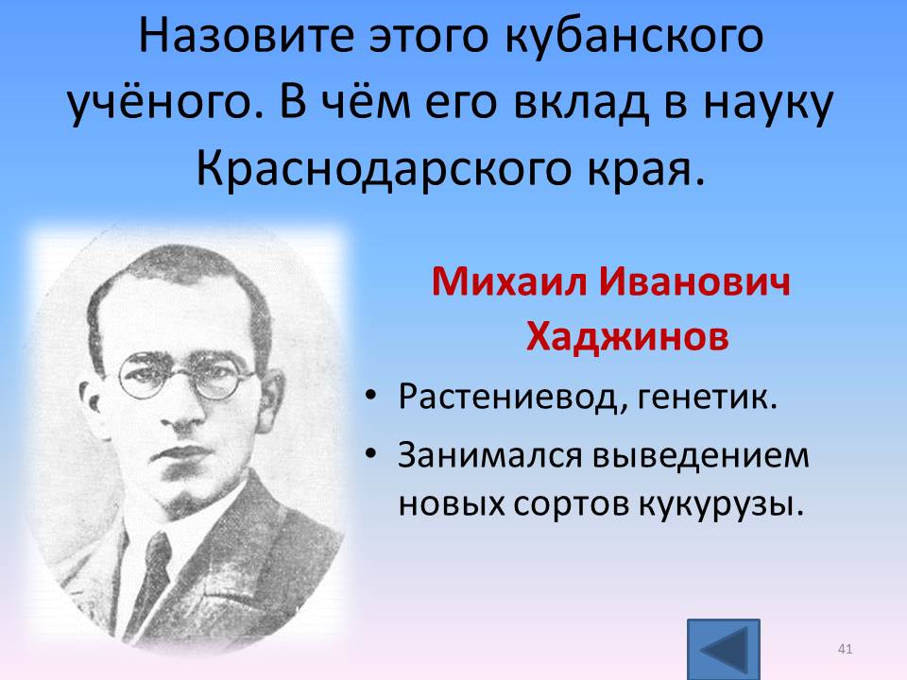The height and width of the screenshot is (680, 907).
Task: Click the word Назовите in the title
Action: tap(246, 36)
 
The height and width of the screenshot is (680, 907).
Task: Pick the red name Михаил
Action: tap(509, 282)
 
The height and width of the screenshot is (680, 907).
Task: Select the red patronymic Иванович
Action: tap(694, 282)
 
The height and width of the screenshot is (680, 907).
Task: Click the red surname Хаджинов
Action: tap(627, 336)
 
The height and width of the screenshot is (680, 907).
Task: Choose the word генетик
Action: tap(708, 398)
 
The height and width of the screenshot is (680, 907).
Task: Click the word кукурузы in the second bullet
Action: tap(721, 504)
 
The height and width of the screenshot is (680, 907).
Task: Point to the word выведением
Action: tap(701, 455)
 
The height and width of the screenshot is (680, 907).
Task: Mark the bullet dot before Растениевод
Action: tap(370, 396)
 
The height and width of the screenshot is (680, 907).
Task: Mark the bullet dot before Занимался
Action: tap(370, 453)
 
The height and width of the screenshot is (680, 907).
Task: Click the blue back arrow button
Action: tap(723, 649)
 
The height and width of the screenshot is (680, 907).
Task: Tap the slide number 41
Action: tap(845, 649)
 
